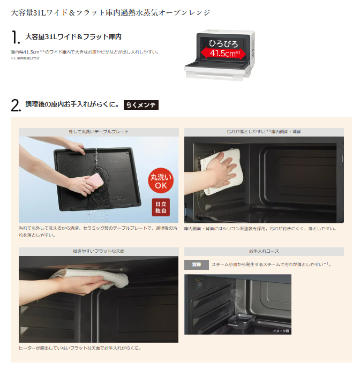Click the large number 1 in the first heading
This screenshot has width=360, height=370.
(15, 38)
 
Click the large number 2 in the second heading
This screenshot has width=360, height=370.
(16, 105)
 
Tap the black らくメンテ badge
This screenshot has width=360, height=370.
(141, 105)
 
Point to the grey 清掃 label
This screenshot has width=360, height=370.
(196, 265)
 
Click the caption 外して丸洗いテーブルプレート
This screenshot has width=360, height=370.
(99, 132)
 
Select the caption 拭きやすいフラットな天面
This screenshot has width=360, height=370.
(99, 251)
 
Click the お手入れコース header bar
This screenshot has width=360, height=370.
(264, 251)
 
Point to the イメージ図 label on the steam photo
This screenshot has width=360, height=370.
(280, 331)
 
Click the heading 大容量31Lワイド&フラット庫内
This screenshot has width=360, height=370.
(73, 37)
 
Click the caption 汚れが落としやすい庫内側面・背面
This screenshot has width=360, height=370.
(264, 132)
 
